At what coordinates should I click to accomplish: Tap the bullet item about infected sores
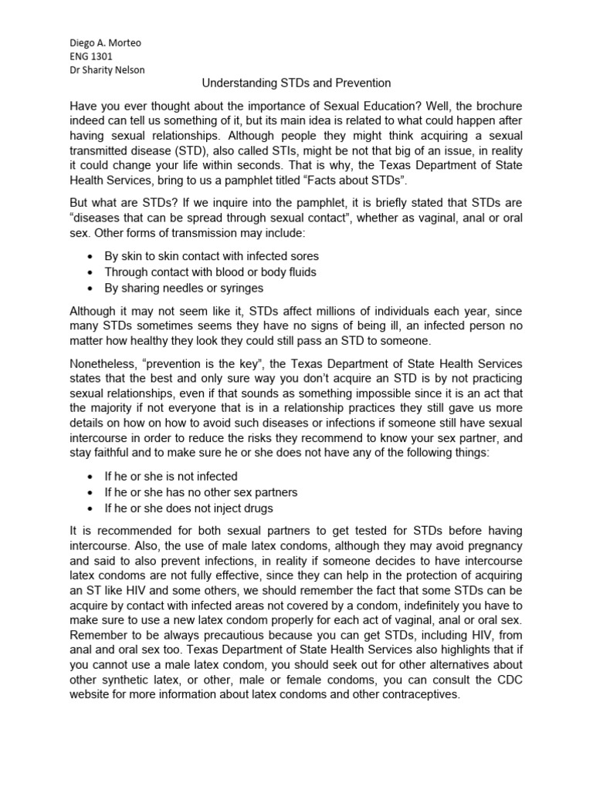click(x=212, y=255)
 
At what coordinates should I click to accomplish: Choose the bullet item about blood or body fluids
click(x=210, y=272)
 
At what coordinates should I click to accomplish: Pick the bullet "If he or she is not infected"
click(x=171, y=476)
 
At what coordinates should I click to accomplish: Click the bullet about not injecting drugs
click(x=188, y=508)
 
